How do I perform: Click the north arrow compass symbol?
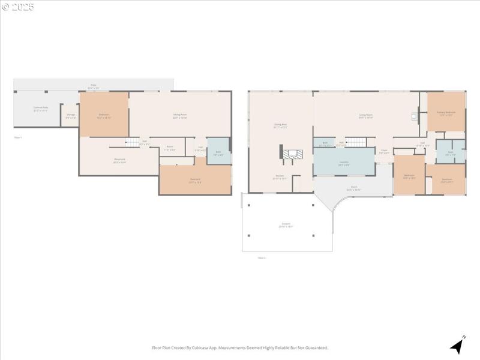pos(458,345)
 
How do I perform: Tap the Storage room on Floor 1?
pos(71,115)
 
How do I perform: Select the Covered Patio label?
pos(41,109)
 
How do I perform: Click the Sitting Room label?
pos(180,116)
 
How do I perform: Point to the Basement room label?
pos(119,160)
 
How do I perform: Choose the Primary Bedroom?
pos(446,113)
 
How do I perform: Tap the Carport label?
pos(286,225)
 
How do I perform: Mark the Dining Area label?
pos(280,126)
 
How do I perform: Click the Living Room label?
pos(366,116)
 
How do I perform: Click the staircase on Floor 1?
pos(132,142)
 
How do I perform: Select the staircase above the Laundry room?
pos(356,142)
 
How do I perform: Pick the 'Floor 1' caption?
pos(17,137)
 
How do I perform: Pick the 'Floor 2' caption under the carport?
pos(261,257)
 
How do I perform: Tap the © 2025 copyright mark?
pos(18,7)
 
